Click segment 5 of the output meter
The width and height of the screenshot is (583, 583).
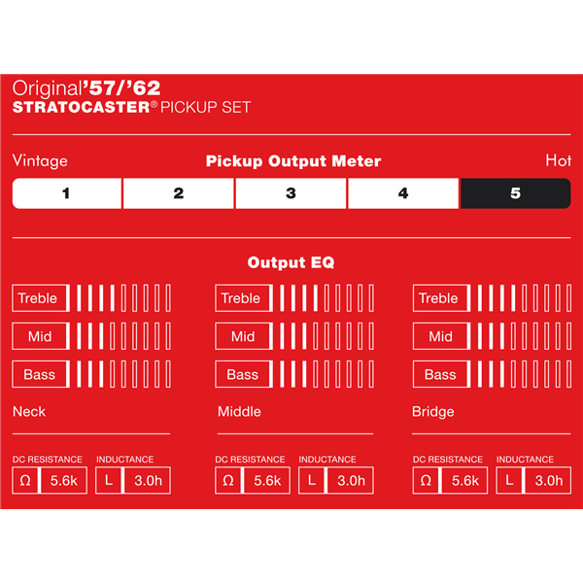[515, 193]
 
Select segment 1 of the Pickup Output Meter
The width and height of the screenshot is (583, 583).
[67, 193]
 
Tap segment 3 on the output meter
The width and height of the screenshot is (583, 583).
[291, 193]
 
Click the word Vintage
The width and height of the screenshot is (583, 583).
[40, 161]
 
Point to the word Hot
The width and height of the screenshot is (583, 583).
[559, 160]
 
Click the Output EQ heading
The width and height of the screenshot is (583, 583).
[291, 262]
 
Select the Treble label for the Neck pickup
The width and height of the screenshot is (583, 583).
[38, 298]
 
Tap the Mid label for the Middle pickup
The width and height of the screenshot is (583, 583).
[243, 336]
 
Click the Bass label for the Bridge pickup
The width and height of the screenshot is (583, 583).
[440, 374]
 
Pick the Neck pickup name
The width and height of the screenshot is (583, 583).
[29, 412]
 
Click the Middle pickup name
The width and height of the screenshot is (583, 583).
[239, 412]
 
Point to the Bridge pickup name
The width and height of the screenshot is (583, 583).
[433, 412]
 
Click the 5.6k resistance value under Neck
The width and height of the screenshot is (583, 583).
[64, 481]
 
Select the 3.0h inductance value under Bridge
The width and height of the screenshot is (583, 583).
[548, 481]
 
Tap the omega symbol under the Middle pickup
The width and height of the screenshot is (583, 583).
[228, 481]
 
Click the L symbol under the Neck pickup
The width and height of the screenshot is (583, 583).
[109, 481]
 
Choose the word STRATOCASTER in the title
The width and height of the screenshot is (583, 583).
[82, 108]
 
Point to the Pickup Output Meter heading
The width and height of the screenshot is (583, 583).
[293, 161]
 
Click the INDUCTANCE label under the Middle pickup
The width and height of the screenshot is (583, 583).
[327, 460]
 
